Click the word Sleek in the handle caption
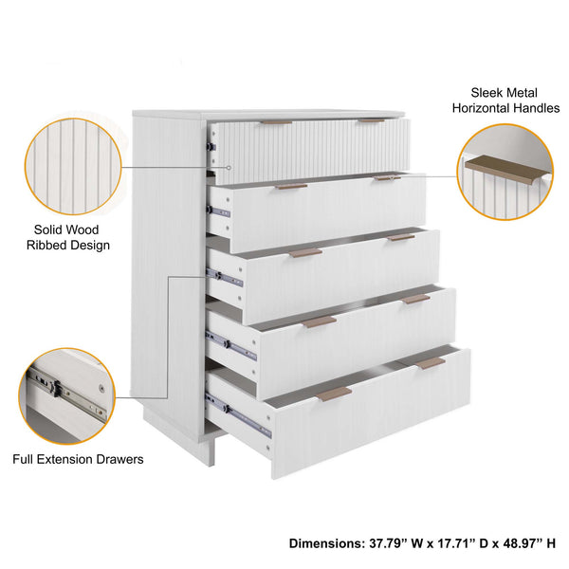pyautogui.click(x=489, y=93)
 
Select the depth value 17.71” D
pyautogui.click(x=465, y=544)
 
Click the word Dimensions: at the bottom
pyautogui.click(x=324, y=544)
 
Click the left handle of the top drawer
pyautogui.click(x=277, y=122)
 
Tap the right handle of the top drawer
pyautogui.click(x=371, y=120)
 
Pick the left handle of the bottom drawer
pyautogui.click(x=334, y=394)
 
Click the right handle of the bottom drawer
pyautogui.click(x=431, y=362)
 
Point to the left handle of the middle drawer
pyautogui.click(x=306, y=253)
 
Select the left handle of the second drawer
pyautogui.click(x=291, y=186)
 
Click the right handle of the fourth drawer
pyautogui.click(x=415, y=299)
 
